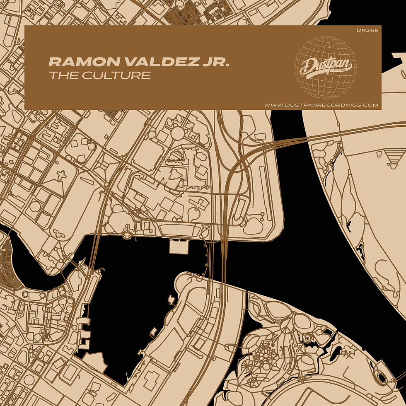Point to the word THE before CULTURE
60,76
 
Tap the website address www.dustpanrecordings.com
321,105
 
